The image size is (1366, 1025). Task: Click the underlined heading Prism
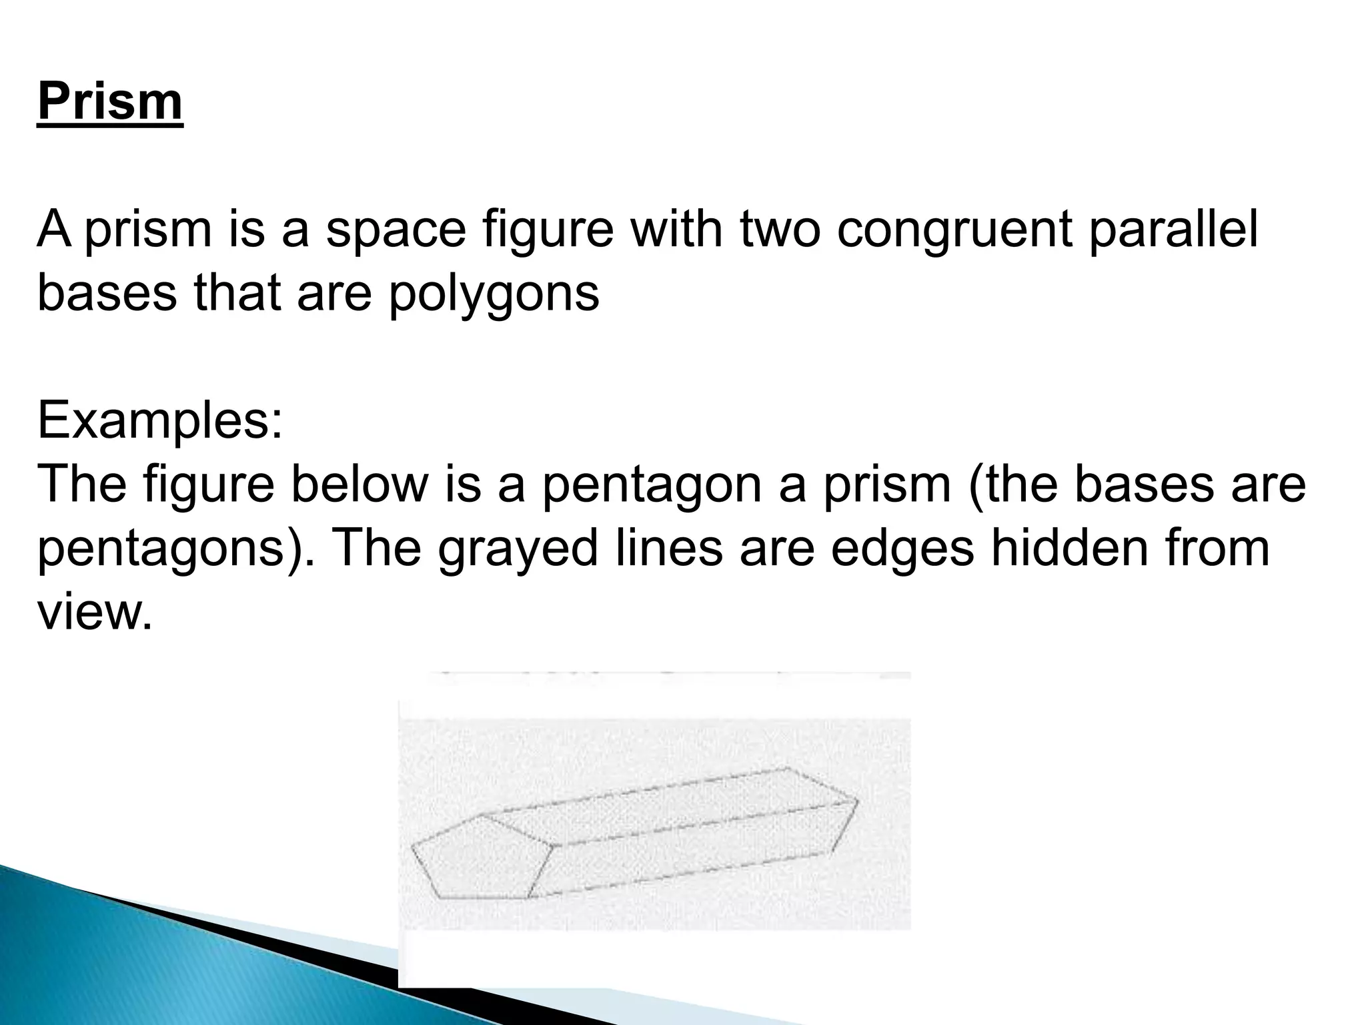[110, 101]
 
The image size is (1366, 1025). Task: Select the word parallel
[1174, 229]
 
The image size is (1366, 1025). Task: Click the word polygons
[494, 293]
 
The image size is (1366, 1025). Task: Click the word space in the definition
[396, 229]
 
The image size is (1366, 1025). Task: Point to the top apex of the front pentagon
[482, 815]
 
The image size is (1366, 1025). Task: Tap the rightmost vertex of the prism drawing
[858, 799]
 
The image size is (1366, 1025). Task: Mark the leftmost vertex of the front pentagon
[412, 847]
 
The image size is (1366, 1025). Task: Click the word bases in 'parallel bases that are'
[107, 293]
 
